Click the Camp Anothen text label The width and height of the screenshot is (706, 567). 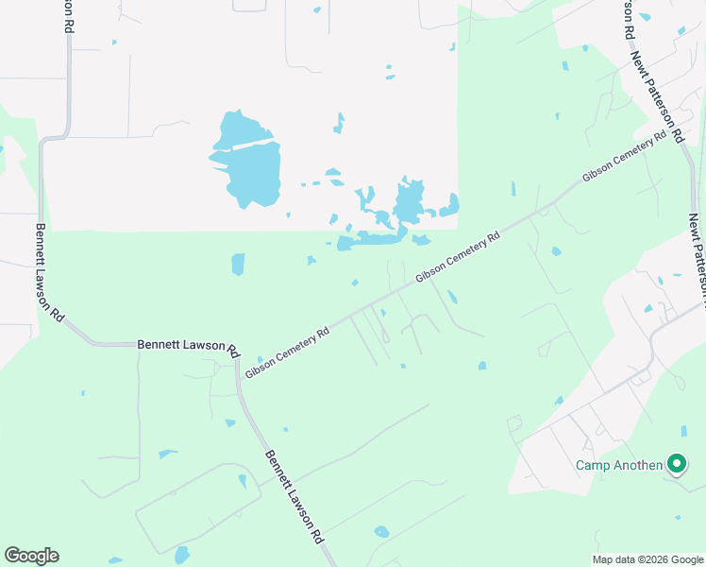pos(620,465)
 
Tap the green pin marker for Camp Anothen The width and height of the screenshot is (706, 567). pos(676,464)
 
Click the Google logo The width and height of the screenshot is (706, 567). pos(31,556)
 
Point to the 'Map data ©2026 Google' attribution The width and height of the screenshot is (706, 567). pos(647,559)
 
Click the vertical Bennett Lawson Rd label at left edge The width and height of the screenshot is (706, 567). pos(49,271)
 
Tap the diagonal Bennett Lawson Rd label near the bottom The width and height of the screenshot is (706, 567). pos(294,495)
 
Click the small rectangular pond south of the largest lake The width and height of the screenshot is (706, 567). pos(238,264)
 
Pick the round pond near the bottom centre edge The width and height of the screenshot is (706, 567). pos(381,532)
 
